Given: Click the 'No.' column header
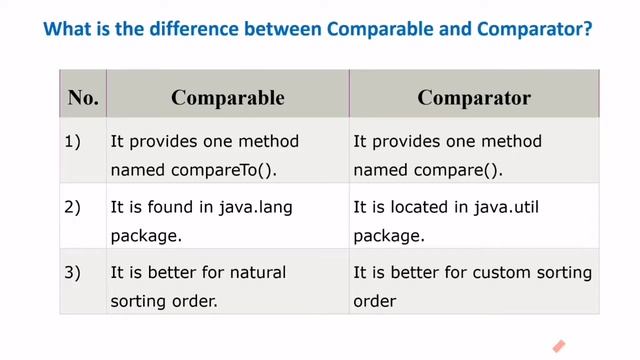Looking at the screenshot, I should (83, 97).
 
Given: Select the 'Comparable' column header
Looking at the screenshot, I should (227, 97).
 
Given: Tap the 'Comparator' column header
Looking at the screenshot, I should (474, 97).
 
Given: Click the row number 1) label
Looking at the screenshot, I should (72, 142).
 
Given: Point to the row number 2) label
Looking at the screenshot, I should (72, 208).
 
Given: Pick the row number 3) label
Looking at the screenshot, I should (72, 273).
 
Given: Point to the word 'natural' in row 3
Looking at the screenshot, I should (253, 273).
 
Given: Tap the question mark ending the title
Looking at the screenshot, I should (587, 31).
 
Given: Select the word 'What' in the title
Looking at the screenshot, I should (69, 31).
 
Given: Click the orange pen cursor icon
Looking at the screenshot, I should (558, 345).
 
